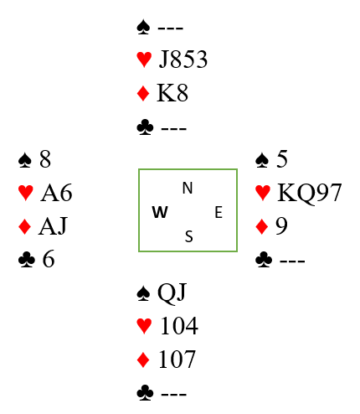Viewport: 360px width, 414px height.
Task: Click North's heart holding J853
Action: pos(183,60)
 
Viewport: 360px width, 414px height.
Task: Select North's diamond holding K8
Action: pos(172,93)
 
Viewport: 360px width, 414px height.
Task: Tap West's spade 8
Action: pos(45,159)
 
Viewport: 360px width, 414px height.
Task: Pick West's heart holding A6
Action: pos(56,193)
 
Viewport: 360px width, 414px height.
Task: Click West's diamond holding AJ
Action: pos(53,226)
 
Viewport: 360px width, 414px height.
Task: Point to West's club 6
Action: pos(49,259)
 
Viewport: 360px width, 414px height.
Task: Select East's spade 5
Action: pos(282,159)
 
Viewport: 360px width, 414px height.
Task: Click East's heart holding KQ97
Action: pos(310,193)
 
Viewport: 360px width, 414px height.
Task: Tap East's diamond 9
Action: pos(281,226)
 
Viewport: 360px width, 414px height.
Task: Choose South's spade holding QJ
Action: pos(172,292)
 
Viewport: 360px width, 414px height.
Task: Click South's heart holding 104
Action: pos(179,326)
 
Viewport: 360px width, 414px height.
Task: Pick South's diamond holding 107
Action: pos(177,360)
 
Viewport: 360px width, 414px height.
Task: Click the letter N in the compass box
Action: pos(188,188)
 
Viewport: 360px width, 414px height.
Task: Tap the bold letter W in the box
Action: pos(160,212)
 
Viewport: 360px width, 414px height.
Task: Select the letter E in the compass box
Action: pos(219,212)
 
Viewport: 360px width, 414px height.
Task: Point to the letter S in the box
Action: pos(189,236)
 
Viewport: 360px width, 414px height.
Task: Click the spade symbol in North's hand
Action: pos(143,27)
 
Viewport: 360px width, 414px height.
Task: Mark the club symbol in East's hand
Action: pos(264,260)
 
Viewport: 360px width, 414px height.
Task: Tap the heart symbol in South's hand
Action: pos(144,326)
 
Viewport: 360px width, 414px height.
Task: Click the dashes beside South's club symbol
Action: pos(173,394)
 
